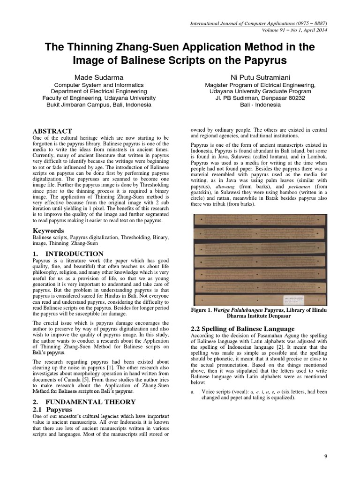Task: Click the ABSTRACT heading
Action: pos(52,131)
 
